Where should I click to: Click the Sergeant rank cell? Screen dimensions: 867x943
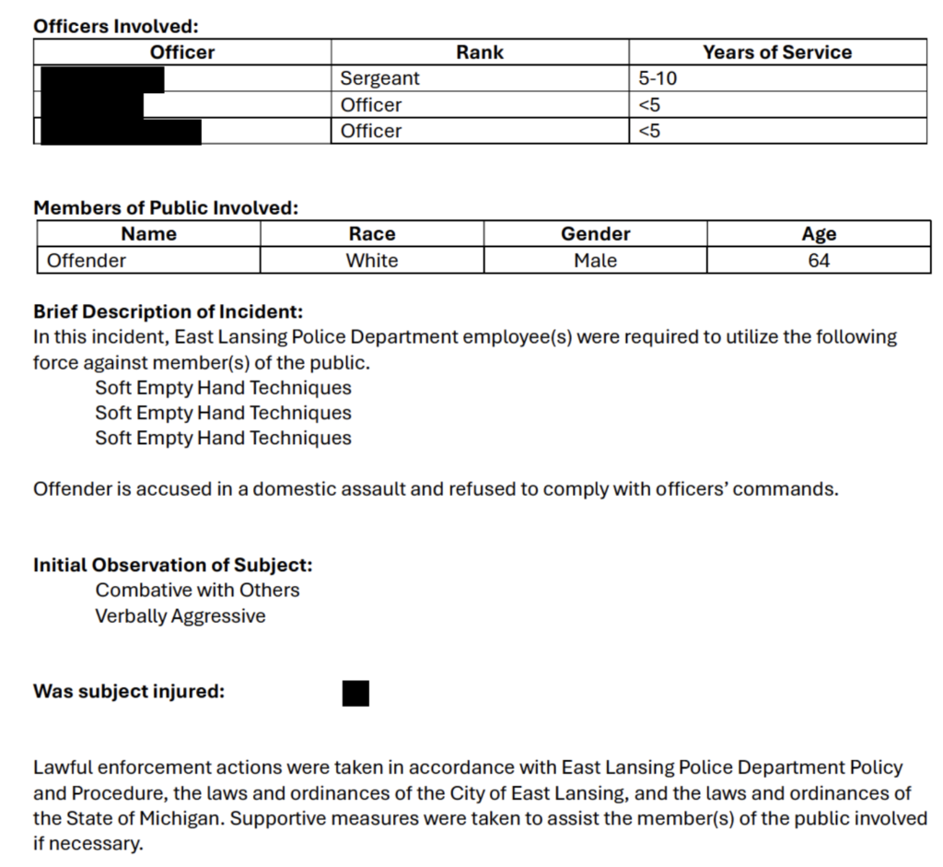pos(379,79)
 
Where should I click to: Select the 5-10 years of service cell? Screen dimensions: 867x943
pos(658,79)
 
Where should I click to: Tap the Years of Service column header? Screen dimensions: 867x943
pos(777,53)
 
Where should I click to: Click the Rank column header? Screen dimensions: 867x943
pos(480,53)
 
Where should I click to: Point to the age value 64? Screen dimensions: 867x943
pos(819,261)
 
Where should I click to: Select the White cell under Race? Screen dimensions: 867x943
pos(372,261)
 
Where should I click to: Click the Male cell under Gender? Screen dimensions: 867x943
pos(595,261)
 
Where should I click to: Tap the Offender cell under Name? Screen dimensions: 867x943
pos(87,261)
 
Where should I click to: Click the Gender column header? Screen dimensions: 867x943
pos(595,234)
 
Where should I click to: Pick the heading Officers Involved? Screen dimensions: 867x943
pos(116,27)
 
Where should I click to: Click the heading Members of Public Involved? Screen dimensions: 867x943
pos(166,208)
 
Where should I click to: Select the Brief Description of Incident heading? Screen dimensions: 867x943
pos(169,312)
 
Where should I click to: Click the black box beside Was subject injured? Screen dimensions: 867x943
pos(355,693)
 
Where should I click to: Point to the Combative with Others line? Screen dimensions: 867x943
pos(197,590)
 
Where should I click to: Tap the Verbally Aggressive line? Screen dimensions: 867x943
pos(180,615)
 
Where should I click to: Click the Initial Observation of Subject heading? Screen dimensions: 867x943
pos(173,565)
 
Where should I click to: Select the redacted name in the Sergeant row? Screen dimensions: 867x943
pos(101,79)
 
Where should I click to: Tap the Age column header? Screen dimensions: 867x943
pos(819,234)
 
